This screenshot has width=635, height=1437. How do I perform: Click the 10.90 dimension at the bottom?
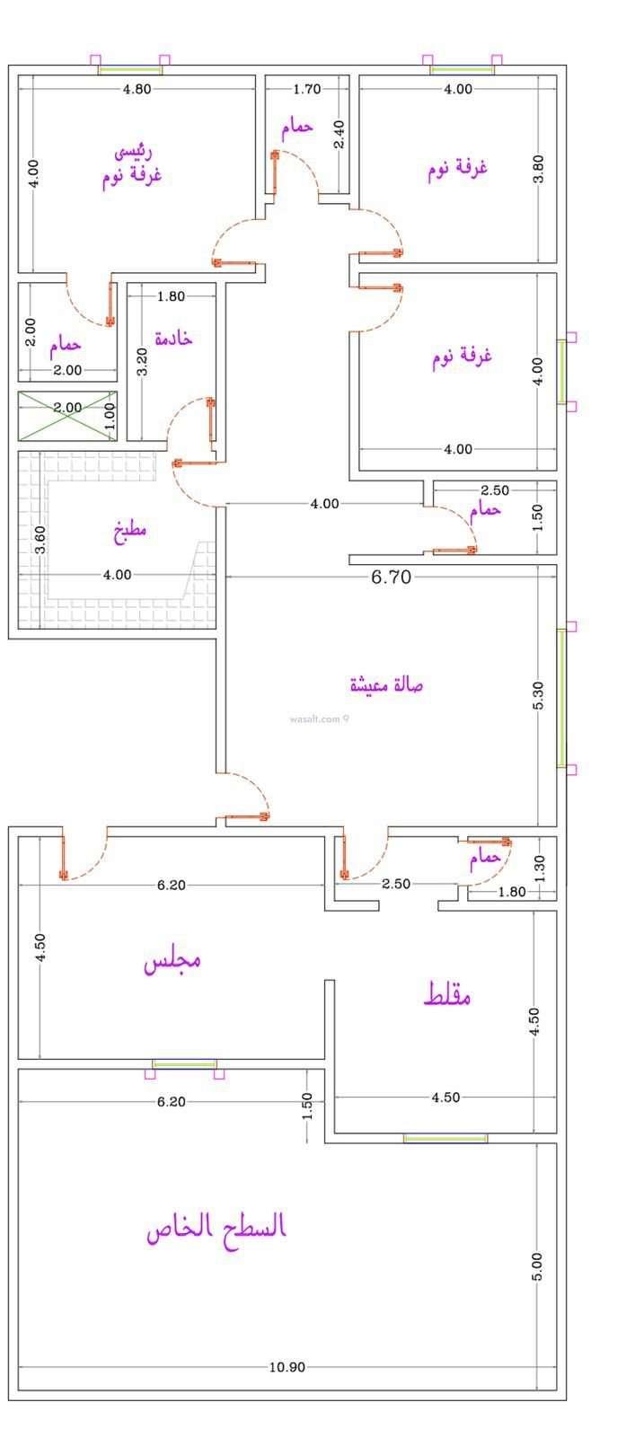click(287, 1367)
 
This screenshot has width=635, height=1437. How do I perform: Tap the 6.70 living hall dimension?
click(392, 577)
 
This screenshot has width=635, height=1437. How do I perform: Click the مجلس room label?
click(172, 962)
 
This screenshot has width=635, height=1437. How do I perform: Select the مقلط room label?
click(447, 994)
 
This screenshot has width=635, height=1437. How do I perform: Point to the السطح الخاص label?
click(216, 1227)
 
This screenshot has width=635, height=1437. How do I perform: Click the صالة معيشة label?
click(386, 685)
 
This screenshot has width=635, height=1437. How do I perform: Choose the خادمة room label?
click(173, 338)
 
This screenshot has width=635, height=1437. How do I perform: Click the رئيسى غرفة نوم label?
click(132, 165)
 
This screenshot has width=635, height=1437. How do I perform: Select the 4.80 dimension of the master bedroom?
click(137, 89)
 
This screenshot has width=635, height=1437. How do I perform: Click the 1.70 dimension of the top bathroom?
click(306, 89)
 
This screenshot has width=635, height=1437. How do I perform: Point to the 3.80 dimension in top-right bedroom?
click(538, 169)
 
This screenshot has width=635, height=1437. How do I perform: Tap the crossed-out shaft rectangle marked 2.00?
click(67, 416)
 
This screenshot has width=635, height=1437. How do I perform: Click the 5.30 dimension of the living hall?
click(538, 695)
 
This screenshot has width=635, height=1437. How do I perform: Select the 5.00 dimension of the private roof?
click(537, 1267)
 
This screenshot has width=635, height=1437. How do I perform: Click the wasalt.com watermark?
click(319, 719)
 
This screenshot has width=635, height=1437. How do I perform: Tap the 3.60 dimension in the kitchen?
click(40, 540)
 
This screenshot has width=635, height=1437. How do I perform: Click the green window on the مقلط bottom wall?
click(445, 1138)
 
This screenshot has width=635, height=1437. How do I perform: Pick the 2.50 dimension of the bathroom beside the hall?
click(495, 490)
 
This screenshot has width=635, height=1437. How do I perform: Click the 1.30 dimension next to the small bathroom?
click(539, 868)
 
